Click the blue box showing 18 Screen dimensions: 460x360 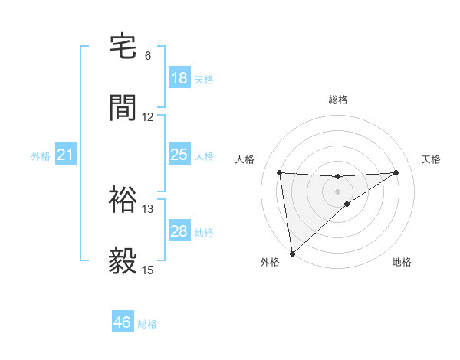click(179, 78)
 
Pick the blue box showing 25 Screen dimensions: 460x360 click(179, 155)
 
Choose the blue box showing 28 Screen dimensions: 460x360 click(179, 231)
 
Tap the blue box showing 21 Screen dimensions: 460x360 click(66, 155)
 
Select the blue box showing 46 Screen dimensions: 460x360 click(123, 322)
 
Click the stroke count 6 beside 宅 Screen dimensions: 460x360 click(148, 56)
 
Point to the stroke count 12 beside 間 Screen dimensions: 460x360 click(148, 117)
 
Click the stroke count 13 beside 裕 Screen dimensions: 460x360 click(148, 209)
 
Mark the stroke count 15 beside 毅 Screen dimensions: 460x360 click(148, 270)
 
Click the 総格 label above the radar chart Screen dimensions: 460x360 click(338, 100)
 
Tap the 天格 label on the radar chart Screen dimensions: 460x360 click(432, 159)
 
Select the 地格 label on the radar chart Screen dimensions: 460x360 click(402, 262)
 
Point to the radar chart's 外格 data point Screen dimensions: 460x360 click(291, 254)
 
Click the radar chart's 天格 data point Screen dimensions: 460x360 click(396, 172)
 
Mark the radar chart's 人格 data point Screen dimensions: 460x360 click(280, 172)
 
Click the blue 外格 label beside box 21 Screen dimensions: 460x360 click(41, 155)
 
